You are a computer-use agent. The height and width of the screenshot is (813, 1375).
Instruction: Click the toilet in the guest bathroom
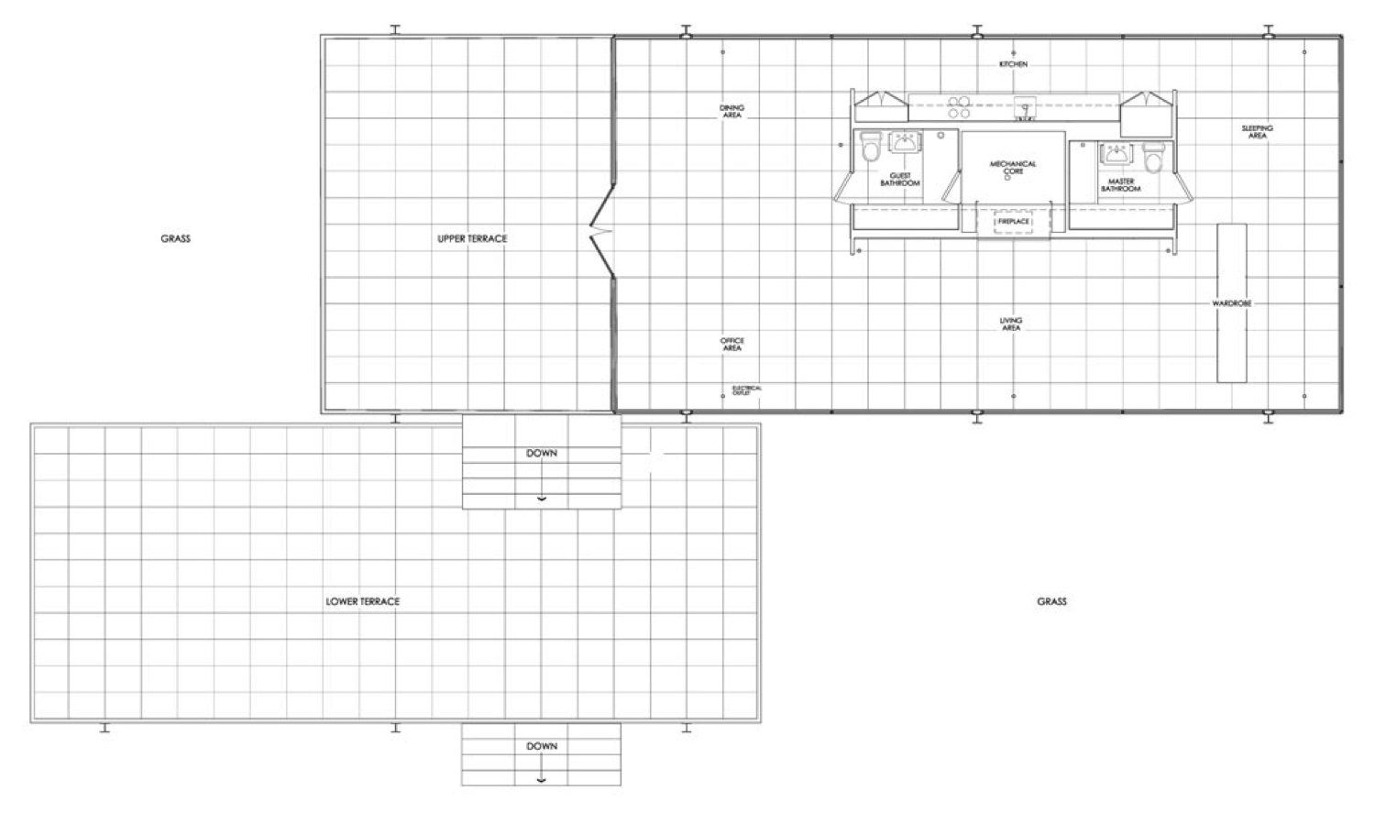coord(870,146)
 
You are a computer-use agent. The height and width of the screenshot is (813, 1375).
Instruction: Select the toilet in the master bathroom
coord(1153,158)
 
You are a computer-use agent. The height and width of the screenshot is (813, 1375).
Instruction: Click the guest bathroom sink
coord(906,142)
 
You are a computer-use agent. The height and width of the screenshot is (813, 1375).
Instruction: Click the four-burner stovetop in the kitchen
coord(959,107)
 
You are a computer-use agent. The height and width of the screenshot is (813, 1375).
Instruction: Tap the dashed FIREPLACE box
coord(1013,222)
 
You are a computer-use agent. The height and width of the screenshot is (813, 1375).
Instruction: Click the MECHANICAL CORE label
coord(1013,168)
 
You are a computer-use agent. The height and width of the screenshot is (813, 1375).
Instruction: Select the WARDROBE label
coord(1231,303)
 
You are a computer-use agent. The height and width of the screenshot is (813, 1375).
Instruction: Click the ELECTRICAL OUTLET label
coord(746,390)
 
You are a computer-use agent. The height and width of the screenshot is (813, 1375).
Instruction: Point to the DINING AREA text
coord(731,111)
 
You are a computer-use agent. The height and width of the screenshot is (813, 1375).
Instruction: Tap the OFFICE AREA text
coord(731,345)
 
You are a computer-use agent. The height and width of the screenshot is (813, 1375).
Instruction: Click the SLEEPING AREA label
coord(1257,132)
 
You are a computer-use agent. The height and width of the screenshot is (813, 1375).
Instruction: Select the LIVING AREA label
coord(1011,324)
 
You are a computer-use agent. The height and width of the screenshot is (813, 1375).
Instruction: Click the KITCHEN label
coord(1013,64)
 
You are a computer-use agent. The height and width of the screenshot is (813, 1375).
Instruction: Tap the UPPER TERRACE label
coord(472,238)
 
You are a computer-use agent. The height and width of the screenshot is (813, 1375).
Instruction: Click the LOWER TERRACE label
coord(362,601)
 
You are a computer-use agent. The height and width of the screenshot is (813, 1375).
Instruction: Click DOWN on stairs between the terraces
coord(542,454)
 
